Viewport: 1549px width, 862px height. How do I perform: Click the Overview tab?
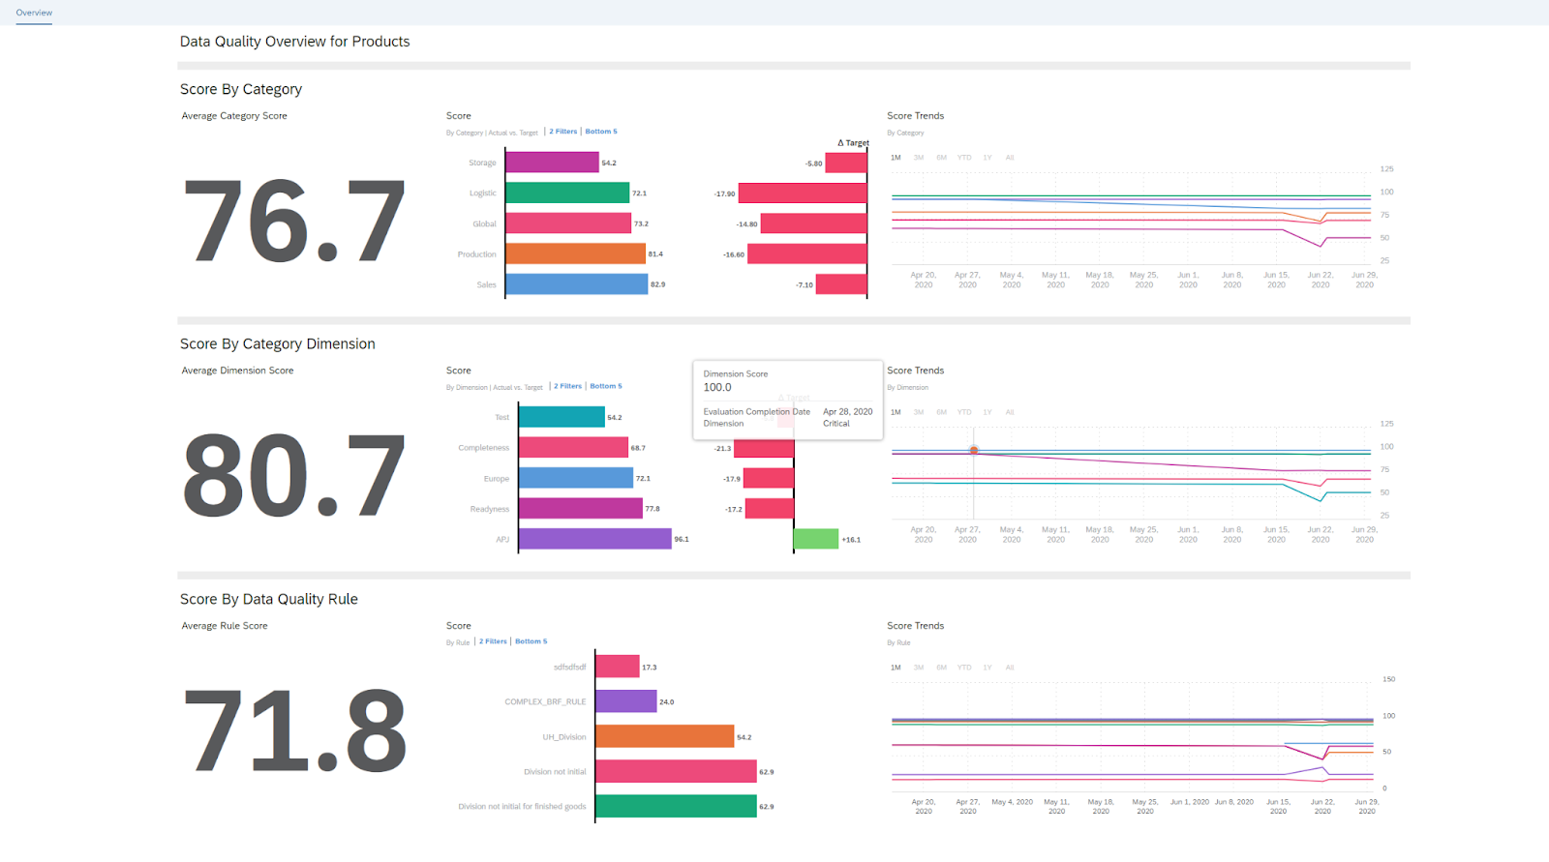tap(34, 13)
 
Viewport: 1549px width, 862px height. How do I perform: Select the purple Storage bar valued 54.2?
tap(552, 163)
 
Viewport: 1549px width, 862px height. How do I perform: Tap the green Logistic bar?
tap(567, 193)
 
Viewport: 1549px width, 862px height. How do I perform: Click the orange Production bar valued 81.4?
tap(575, 253)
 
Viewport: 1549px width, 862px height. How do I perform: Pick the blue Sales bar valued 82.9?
tap(576, 284)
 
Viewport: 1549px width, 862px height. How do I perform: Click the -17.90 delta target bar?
tap(802, 193)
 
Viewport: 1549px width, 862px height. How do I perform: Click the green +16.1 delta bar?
tap(816, 539)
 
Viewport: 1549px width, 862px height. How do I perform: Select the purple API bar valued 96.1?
tap(594, 539)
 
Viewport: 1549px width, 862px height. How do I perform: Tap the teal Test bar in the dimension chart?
tap(562, 417)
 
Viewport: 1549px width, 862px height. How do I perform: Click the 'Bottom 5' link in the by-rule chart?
tap(531, 641)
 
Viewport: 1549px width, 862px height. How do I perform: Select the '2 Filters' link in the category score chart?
tap(562, 132)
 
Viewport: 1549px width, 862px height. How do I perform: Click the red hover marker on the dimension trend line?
tap(974, 450)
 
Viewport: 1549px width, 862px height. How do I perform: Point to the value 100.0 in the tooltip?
tap(717, 387)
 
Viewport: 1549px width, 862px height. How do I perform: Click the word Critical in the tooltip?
tap(836, 424)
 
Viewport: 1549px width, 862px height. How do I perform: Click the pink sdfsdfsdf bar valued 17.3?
tap(617, 667)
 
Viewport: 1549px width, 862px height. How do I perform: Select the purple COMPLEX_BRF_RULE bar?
tap(625, 701)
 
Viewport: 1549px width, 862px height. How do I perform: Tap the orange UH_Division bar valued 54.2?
tap(664, 736)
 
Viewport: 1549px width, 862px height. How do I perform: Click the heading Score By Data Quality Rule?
tap(269, 599)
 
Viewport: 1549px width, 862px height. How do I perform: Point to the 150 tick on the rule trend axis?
tap(1388, 679)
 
